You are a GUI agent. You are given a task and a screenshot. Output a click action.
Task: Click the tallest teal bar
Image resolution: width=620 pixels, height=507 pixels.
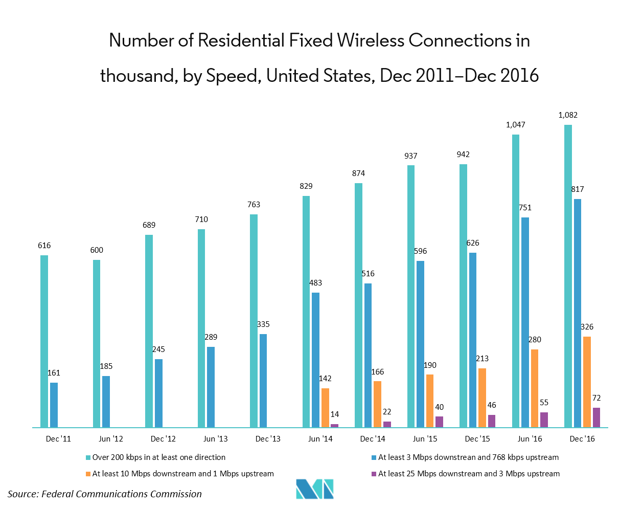[568, 276]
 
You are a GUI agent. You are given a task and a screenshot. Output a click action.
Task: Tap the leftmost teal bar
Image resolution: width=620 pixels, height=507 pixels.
[44, 341]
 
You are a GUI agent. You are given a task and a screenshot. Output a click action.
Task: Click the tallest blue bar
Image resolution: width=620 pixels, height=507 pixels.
[578, 313]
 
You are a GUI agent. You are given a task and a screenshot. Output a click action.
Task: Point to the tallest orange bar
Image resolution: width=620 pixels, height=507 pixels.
[587, 382]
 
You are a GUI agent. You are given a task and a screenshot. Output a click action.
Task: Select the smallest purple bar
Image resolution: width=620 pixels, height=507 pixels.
[334, 426]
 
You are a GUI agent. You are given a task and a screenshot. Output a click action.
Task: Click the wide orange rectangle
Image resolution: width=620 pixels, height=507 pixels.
[391, 392]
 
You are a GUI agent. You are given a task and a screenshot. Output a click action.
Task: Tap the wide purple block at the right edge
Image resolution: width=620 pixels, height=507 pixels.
[606, 417]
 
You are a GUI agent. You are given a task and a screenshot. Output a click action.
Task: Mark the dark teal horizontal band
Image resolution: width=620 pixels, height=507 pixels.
[175, 357]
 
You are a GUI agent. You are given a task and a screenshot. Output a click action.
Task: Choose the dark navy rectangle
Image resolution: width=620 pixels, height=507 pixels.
[546, 352]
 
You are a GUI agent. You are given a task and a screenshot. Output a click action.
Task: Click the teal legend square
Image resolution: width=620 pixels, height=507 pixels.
[88, 457]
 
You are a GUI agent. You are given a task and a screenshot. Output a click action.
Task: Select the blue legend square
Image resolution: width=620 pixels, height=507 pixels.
[374, 457]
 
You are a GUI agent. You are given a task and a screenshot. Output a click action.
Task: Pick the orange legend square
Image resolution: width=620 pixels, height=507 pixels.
[88, 474]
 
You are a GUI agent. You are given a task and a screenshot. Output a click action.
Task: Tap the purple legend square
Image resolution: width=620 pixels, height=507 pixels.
[374, 474]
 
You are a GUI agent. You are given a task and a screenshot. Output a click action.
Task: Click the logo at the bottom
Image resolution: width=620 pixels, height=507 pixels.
[314, 489]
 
